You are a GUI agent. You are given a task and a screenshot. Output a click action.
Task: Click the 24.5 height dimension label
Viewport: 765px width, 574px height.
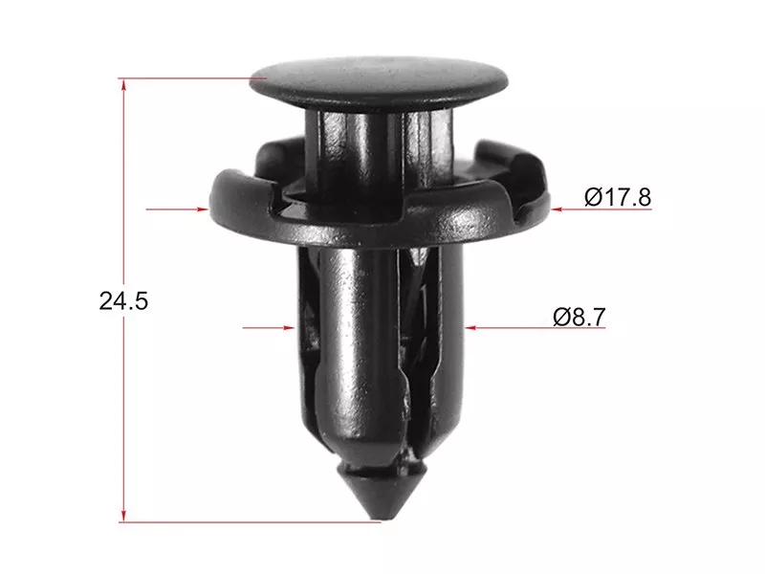coord(123,300)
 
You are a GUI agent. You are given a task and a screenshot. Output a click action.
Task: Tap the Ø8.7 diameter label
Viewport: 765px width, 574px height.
coord(579,317)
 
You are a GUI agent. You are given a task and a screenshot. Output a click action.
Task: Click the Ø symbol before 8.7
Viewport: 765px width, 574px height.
coord(561,317)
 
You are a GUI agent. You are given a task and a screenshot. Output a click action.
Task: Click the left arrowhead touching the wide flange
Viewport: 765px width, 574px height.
coord(202,208)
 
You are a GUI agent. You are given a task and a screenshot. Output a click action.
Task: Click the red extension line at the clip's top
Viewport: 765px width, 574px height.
coord(191,77)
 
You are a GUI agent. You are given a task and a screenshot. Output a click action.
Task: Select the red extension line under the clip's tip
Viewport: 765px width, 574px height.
coord(249,522)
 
